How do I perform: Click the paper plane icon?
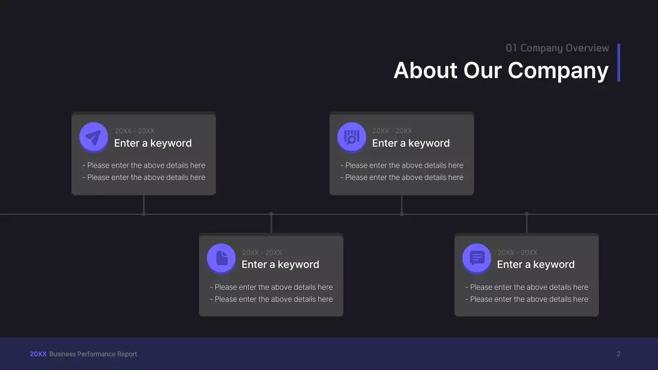[x=94, y=137]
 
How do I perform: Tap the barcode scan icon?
[x=352, y=137]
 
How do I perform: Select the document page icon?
[x=222, y=258]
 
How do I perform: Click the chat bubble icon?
[x=477, y=258]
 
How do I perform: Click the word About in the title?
[x=425, y=70]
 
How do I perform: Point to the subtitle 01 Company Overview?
[x=557, y=48]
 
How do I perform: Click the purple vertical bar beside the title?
[x=619, y=62]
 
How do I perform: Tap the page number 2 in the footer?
[x=618, y=354]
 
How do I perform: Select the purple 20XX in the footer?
[x=38, y=354]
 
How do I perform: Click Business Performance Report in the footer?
[x=93, y=354]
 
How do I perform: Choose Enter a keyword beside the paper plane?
[x=153, y=143]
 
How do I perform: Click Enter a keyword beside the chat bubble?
[x=536, y=265]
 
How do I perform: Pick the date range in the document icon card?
[x=262, y=252]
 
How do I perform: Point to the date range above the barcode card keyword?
[x=392, y=131]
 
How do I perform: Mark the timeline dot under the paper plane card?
[x=144, y=214]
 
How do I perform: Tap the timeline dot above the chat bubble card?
[x=526, y=214]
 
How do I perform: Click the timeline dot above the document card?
[x=271, y=214]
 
